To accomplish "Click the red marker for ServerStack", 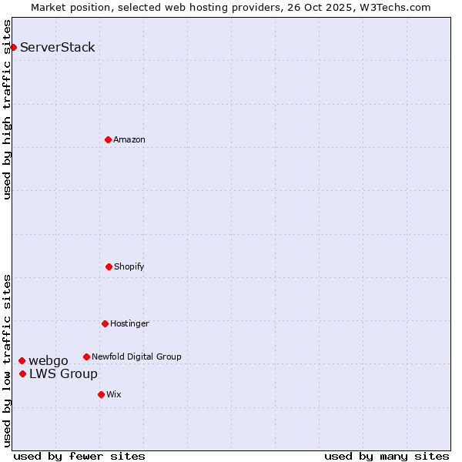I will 13,48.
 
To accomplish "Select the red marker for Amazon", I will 108,139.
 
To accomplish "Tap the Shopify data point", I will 109,266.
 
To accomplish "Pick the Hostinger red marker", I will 105,323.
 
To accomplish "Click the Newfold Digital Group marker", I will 86,357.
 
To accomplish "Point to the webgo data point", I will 22,360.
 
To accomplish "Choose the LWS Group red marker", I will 22,373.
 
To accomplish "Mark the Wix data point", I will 101,394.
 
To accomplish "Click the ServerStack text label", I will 58,48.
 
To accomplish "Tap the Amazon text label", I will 129,140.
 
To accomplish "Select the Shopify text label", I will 129,267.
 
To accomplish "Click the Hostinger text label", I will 129,324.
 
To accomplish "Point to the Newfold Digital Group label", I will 136,357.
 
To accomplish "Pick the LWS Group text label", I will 63,374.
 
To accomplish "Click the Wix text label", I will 114,395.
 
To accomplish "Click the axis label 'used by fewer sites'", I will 79,456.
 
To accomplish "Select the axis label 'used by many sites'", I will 387,456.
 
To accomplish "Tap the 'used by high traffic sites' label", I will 7,109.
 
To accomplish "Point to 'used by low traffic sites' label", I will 7,360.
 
